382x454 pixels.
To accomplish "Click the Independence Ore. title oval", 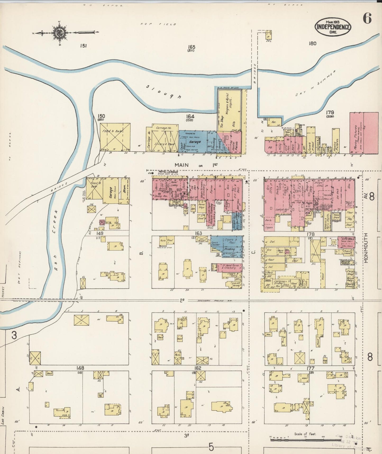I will coord(333,27).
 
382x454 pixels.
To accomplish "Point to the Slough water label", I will coord(164,92).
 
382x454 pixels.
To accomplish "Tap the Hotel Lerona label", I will coord(168,172).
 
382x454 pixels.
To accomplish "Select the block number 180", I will coord(312,43).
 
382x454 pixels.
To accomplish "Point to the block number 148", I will coord(80,368).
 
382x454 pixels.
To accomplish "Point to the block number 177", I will coord(311,368).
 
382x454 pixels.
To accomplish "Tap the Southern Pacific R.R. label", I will coord(211,301).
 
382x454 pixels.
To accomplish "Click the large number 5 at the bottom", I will coord(211,447).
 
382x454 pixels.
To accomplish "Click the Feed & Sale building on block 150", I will coord(115,137).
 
